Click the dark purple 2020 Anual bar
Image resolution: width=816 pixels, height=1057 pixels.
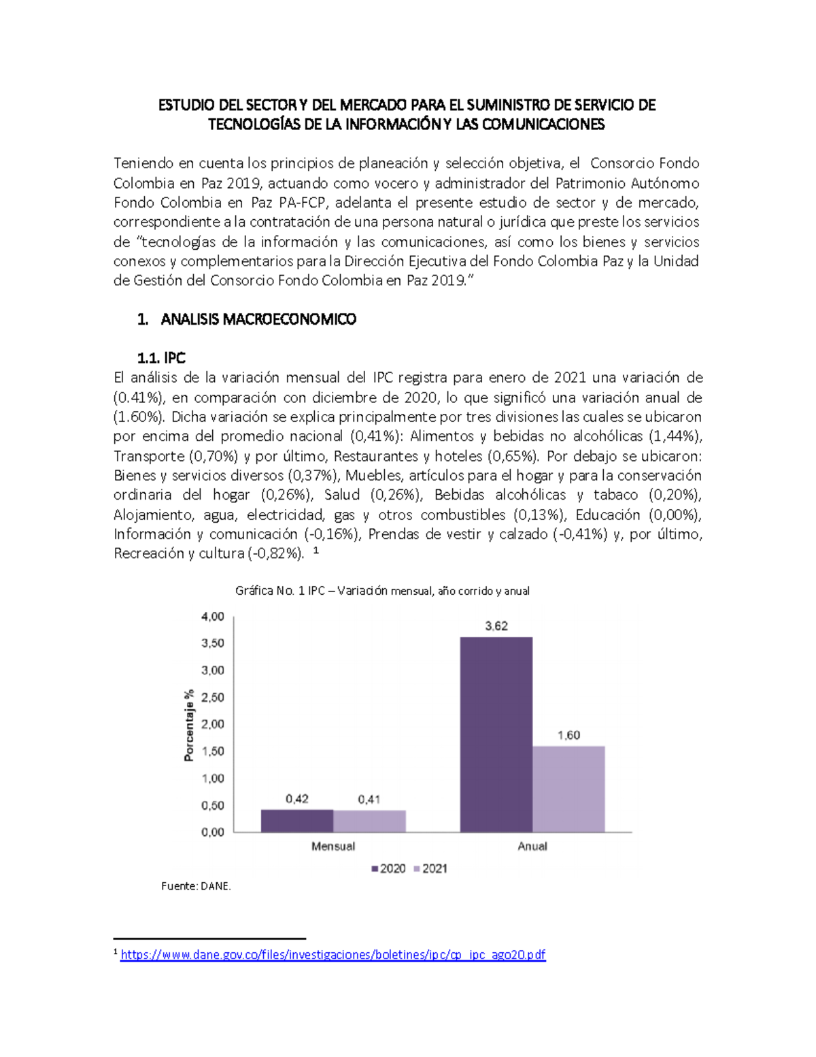click(x=496, y=734)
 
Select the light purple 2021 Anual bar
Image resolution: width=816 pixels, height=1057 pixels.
click(x=568, y=789)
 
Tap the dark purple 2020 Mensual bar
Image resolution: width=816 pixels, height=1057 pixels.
click(x=297, y=821)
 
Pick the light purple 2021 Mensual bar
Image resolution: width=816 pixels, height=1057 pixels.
click(x=369, y=821)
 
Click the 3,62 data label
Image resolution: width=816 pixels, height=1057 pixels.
click(x=496, y=626)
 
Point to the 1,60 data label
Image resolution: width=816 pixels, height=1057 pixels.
click(x=568, y=735)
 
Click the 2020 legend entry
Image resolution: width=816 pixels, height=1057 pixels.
click(x=388, y=868)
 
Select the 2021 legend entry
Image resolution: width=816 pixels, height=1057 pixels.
click(x=430, y=868)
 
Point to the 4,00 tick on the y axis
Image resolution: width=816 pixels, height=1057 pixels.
click(x=212, y=617)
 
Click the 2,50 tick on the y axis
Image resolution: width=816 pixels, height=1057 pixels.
click(x=212, y=697)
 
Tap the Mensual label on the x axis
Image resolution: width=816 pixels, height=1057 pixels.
click(x=333, y=846)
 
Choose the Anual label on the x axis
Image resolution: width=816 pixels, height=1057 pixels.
click(x=532, y=846)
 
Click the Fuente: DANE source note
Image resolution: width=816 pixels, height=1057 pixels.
click(x=196, y=886)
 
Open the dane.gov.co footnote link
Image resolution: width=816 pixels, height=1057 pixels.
click(x=333, y=955)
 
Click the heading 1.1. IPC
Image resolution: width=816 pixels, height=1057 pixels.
click(x=161, y=358)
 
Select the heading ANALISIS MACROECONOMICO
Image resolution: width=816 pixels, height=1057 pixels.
click(x=258, y=319)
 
